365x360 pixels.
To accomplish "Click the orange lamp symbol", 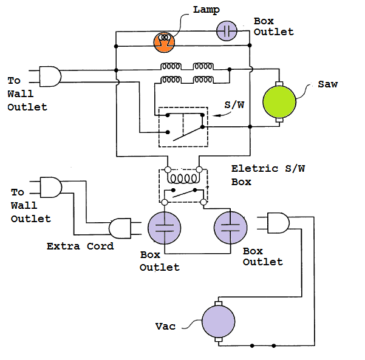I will (164, 39).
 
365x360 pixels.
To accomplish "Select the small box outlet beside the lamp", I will (227, 31).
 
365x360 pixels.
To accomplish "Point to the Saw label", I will (327, 84).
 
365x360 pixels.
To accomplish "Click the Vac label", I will (165, 327).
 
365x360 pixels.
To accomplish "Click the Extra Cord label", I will (80, 246).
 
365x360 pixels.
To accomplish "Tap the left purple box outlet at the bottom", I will (165, 229).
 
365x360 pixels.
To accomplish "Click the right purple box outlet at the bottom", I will (231, 229).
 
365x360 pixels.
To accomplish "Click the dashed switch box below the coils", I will (183, 127).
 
